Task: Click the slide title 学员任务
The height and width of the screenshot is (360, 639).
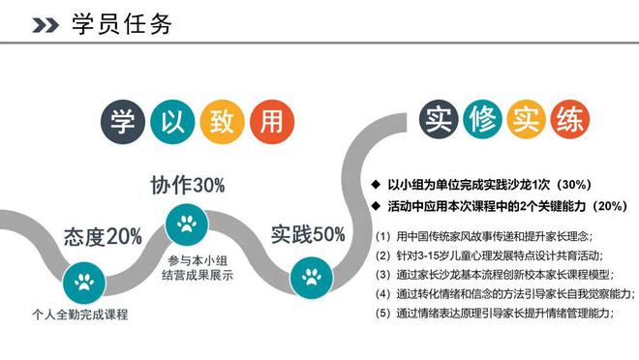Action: (x=122, y=24)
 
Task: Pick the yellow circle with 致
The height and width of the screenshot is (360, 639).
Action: (x=218, y=122)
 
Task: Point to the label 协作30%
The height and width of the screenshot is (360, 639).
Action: (x=188, y=184)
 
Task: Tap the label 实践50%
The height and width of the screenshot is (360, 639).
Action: (x=308, y=234)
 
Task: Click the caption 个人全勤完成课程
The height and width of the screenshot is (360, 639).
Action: (x=80, y=315)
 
